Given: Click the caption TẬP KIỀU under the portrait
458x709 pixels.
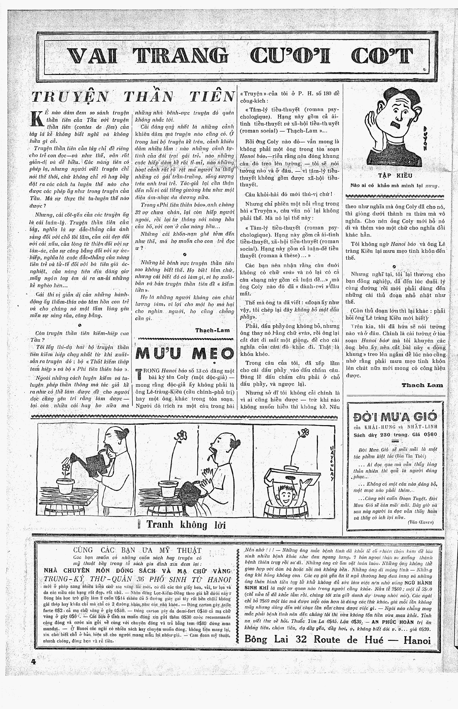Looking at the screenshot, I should (x=395, y=176).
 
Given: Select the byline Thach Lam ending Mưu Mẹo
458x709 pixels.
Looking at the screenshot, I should (x=422, y=385).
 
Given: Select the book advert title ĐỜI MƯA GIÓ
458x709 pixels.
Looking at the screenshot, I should (x=395, y=417).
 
